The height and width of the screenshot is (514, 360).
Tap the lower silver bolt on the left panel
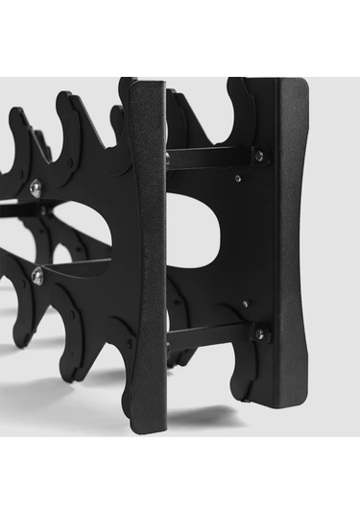point(37,278)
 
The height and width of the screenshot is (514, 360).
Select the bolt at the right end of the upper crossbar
point(258,155)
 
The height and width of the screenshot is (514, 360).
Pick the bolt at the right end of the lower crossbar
point(258,334)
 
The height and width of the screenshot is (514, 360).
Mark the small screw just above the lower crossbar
point(246,304)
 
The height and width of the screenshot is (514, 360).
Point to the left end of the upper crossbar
point(171,159)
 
